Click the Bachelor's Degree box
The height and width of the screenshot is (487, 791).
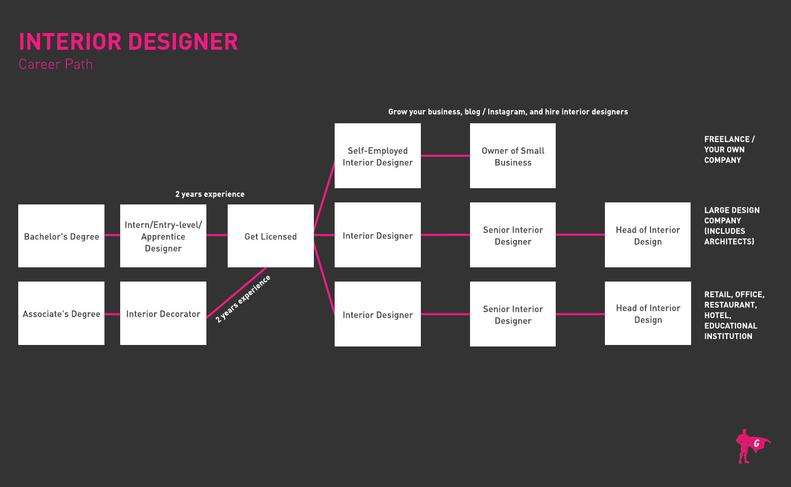click(x=61, y=236)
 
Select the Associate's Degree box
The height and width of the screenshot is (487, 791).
click(x=61, y=314)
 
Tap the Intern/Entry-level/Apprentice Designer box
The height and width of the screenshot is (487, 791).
click(x=163, y=236)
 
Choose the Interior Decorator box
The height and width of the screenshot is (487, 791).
click(x=163, y=314)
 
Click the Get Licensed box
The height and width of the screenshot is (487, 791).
click(x=271, y=236)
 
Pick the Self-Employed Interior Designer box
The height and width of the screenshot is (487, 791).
click(x=378, y=156)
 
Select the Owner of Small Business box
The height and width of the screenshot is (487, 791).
click(x=513, y=156)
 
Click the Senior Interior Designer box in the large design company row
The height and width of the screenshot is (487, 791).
click(x=513, y=235)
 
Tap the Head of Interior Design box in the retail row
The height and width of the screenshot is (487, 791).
click(x=648, y=314)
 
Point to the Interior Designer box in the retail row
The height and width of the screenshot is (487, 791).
click(x=378, y=314)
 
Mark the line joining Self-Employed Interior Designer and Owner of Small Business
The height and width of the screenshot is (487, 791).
click(x=445, y=156)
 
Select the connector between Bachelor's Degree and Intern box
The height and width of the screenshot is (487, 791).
click(x=112, y=235)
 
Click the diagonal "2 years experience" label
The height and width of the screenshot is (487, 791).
click(x=243, y=299)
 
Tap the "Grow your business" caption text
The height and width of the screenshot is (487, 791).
click(x=508, y=112)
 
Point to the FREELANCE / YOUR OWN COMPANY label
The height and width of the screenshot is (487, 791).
click(x=729, y=150)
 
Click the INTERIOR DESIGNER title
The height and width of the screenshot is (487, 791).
click(x=128, y=42)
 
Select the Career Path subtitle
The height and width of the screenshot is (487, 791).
click(x=56, y=64)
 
